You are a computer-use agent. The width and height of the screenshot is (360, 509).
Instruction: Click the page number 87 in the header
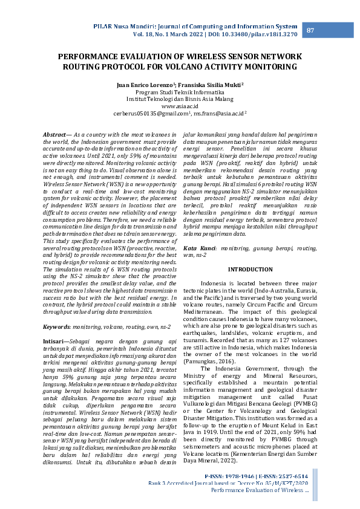click(310, 31)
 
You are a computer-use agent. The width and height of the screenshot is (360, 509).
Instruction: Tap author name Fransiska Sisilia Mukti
click(209, 85)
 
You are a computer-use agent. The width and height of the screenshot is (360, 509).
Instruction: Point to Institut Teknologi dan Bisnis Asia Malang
click(180, 99)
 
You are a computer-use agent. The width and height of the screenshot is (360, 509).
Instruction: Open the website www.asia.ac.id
click(180, 106)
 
